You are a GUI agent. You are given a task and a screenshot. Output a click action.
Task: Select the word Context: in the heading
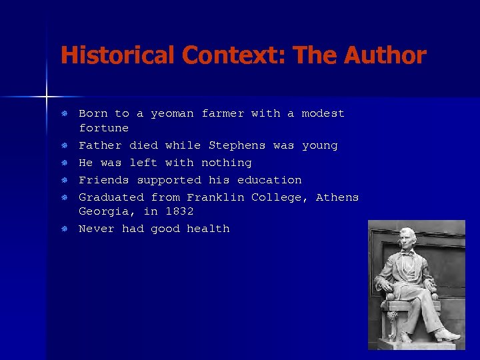pos(223,55)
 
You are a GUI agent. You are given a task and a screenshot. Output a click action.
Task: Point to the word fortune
pos(103,128)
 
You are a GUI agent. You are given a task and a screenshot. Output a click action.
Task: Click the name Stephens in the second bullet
pos(237,145)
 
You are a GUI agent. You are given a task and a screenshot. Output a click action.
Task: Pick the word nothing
pos(227,163)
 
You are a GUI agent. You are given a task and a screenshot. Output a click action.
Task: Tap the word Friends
pos(103,180)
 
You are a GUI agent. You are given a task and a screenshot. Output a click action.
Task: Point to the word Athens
pos(337,197)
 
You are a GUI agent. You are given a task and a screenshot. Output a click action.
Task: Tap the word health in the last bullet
pos(208,229)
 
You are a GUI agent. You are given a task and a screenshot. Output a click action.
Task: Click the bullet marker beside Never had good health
pos(64,229)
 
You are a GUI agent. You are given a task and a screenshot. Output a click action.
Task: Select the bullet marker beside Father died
pos(64,145)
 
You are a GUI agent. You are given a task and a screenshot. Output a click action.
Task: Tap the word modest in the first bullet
pos(323,114)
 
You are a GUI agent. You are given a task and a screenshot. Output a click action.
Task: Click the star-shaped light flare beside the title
pos(47,97)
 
